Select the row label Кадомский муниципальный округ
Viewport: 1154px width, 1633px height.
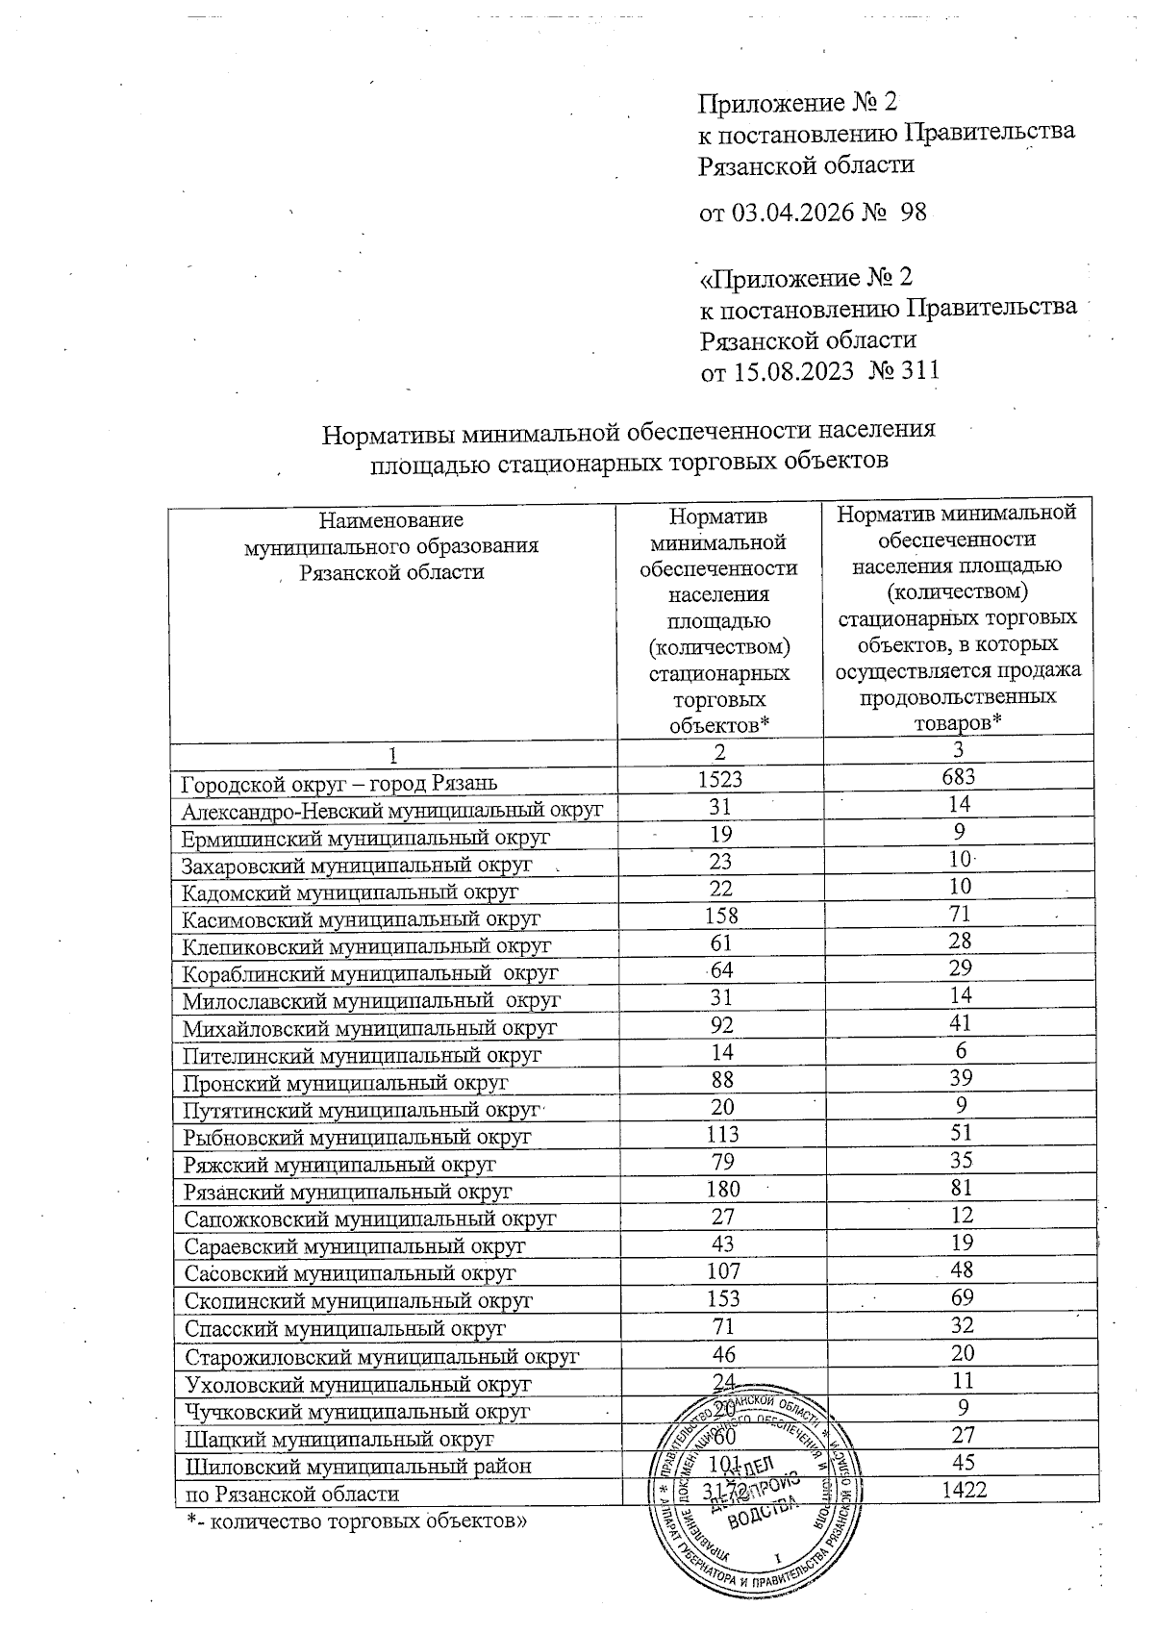[351, 892]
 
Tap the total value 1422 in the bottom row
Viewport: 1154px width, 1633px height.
[960, 1490]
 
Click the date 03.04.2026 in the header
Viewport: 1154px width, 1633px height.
[792, 213]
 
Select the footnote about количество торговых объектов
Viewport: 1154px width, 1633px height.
[357, 1520]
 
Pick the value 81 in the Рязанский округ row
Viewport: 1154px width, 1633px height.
[960, 1190]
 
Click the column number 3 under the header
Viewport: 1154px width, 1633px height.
[960, 751]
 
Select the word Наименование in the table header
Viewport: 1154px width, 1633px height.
[390, 520]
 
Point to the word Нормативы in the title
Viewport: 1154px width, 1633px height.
[387, 432]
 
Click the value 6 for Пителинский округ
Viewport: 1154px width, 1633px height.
[960, 1053]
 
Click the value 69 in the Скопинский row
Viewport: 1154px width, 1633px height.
[960, 1299]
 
